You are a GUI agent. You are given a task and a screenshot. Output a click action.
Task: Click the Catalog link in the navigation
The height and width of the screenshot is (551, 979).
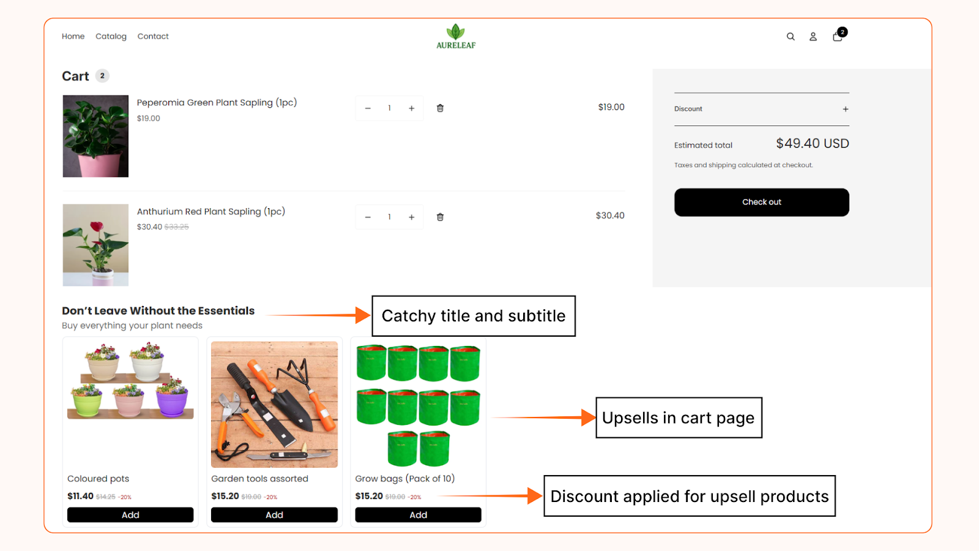tap(111, 37)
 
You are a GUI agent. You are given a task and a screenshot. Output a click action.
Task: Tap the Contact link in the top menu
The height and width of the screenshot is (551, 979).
tap(153, 37)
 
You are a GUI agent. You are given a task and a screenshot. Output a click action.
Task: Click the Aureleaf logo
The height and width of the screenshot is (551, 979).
tap(456, 37)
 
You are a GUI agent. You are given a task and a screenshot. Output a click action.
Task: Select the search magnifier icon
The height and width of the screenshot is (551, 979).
tap(791, 37)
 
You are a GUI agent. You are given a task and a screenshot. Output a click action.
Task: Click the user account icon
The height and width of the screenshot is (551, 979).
tap(813, 37)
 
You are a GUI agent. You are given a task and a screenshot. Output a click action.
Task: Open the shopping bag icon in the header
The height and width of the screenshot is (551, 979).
tap(838, 37)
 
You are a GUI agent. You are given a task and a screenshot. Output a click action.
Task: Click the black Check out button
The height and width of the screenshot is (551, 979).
tap(761, 202)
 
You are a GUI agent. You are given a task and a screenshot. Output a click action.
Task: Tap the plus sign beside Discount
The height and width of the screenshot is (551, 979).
tap(846, 109)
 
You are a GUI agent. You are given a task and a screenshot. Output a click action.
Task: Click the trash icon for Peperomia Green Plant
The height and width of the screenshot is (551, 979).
tap(440, 108)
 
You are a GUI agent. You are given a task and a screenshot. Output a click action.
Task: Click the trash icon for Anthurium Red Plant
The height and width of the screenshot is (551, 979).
tap(440, 217)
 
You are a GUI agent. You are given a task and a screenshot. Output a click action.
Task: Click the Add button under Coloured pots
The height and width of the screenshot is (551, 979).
tap(130, 515)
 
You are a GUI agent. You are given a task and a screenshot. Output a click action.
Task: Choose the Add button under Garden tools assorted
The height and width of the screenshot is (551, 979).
tap(274, 515)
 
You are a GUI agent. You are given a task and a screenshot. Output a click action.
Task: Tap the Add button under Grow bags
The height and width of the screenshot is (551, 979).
tap(419, 515)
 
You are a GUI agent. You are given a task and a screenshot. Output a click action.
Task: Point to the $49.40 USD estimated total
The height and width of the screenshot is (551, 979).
tap(812, 144)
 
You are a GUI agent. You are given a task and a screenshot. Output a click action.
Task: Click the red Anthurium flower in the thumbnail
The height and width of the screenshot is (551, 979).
tap(97, 227)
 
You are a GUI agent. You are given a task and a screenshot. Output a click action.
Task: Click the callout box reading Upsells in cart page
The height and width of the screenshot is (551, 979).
tap(679, 418)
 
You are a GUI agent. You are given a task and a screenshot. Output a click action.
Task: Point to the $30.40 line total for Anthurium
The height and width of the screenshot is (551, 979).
tap(610, 216)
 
